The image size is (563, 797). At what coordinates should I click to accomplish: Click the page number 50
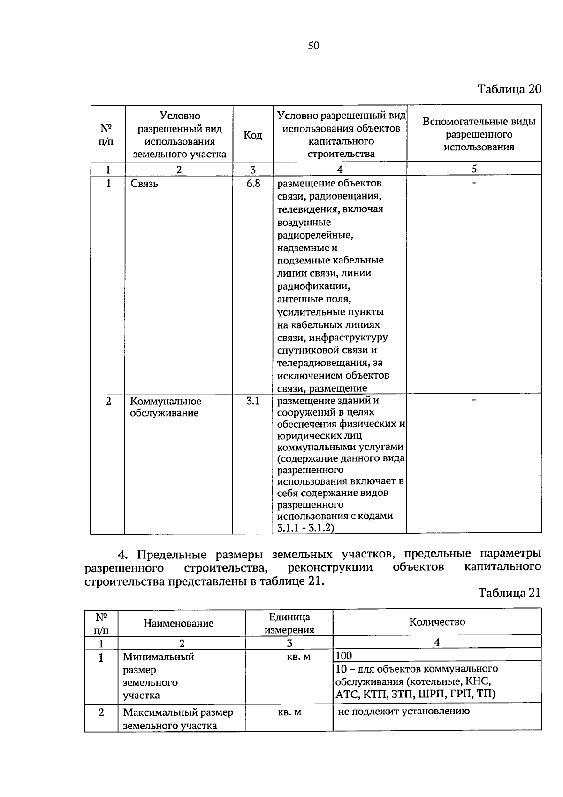click(x=313, y=46)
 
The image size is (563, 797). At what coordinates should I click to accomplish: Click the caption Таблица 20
click(x=509, y=89)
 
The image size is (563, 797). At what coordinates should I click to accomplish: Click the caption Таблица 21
click(x=509, y=593)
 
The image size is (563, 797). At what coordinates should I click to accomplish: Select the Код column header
click(x=252, y=135)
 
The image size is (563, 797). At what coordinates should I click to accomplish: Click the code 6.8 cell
click(x=253, y=184)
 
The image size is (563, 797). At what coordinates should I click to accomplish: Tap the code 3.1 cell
click(x=253, y=401)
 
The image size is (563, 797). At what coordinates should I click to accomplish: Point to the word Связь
click(x=144, y=184)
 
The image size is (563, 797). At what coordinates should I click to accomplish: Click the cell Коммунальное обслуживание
click(x=165, y=407)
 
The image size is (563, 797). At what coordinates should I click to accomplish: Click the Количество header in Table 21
click(x=437, y=622)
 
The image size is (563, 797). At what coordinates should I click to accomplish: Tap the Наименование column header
click(x=178, y=623)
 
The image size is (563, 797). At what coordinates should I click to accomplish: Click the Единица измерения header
click(x=289, y=623)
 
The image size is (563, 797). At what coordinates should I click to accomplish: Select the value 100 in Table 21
click(x=344, y=656)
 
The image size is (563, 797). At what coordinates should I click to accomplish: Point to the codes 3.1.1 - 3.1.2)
click(x=305, y=528)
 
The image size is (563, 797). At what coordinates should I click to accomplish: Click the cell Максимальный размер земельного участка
click(x=178, y=719)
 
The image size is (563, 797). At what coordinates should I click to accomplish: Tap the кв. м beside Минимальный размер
click(x=298, y=657)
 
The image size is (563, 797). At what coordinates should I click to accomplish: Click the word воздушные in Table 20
click(x=304, y=222)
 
